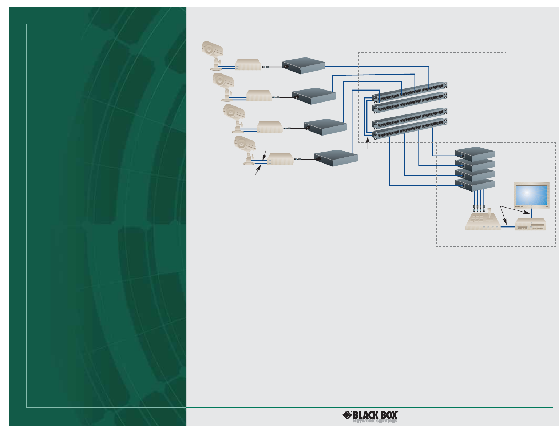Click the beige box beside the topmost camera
[248, 64]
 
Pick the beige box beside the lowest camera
[280, 159]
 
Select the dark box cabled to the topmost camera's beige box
[304, 65]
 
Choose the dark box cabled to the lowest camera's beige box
[336, 158]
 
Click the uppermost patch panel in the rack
[409, 91]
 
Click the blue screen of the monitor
[531, 195]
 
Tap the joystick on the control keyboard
[490, 214]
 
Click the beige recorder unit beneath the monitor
[531, 224]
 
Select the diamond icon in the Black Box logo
[347, 415]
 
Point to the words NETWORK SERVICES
[375, 422]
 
